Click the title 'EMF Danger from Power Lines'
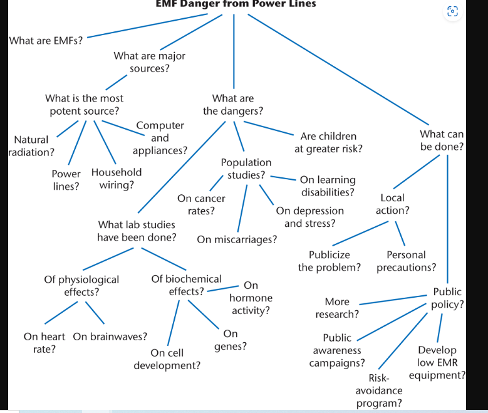pos(236,4)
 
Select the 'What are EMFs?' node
pos(46,41)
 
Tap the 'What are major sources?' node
pos(149,62)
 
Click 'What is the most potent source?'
pos(84,105)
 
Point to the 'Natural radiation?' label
pos(31,145)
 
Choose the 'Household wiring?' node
pos(117,179)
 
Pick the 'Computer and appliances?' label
pos(160,138)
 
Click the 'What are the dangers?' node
pos(233,105)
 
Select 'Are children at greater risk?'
pos(328,142)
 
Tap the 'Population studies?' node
pos(246,169)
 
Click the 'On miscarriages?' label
pos(237,239)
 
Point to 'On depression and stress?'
pos(309,217)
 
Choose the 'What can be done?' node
pos(442,140)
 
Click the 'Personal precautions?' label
pos(406,261)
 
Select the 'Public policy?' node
pos(447,298)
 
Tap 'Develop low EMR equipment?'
pos(437,363)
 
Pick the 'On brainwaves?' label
pos(110,337)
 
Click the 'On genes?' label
pos(231,340)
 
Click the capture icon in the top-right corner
pos(453,11)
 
